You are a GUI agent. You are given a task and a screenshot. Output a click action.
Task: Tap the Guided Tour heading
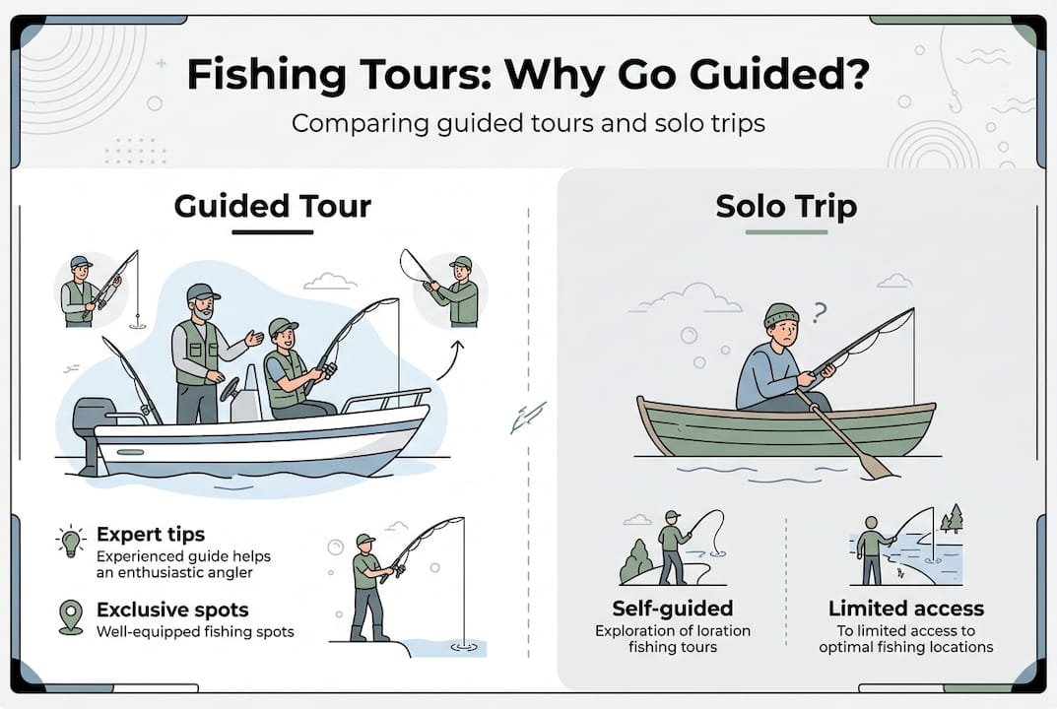[x=272, y=206]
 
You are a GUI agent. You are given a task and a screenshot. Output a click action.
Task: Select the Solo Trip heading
[x=786, y=206]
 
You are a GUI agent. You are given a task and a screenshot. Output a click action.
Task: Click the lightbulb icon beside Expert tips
[x=71, y=542]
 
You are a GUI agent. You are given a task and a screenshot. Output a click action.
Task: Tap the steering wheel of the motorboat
[x=230, y=389]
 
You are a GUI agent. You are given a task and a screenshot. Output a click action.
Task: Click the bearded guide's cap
[x=202, y=291]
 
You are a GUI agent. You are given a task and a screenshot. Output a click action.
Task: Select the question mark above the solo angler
[x=819, y=313]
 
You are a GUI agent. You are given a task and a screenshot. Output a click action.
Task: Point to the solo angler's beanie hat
[x=781, y=314]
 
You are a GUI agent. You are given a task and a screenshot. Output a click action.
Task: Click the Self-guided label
[x=672, y=608]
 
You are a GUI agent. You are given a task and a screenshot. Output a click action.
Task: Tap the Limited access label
[x=906, y=608]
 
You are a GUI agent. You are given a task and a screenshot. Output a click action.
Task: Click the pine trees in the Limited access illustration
[x=952, y=519]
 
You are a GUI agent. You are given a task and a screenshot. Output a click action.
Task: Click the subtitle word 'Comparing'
[x=360, y=124]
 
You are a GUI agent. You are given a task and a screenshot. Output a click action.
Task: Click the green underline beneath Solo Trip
[x=786, y=231]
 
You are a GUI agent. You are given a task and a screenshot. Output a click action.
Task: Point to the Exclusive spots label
[x=172, y=610]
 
